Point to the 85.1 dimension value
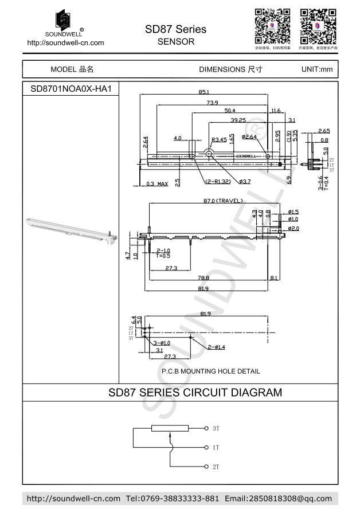coord(204,92)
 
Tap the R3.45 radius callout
coord(219,139)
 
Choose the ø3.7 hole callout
coord(245,182)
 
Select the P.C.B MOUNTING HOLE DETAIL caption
coord(210,371)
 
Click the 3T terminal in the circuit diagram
coord(216,428)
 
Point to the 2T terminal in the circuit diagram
coord(216,467)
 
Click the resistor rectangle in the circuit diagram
coord(170,429)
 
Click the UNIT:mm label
coord(316,69)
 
